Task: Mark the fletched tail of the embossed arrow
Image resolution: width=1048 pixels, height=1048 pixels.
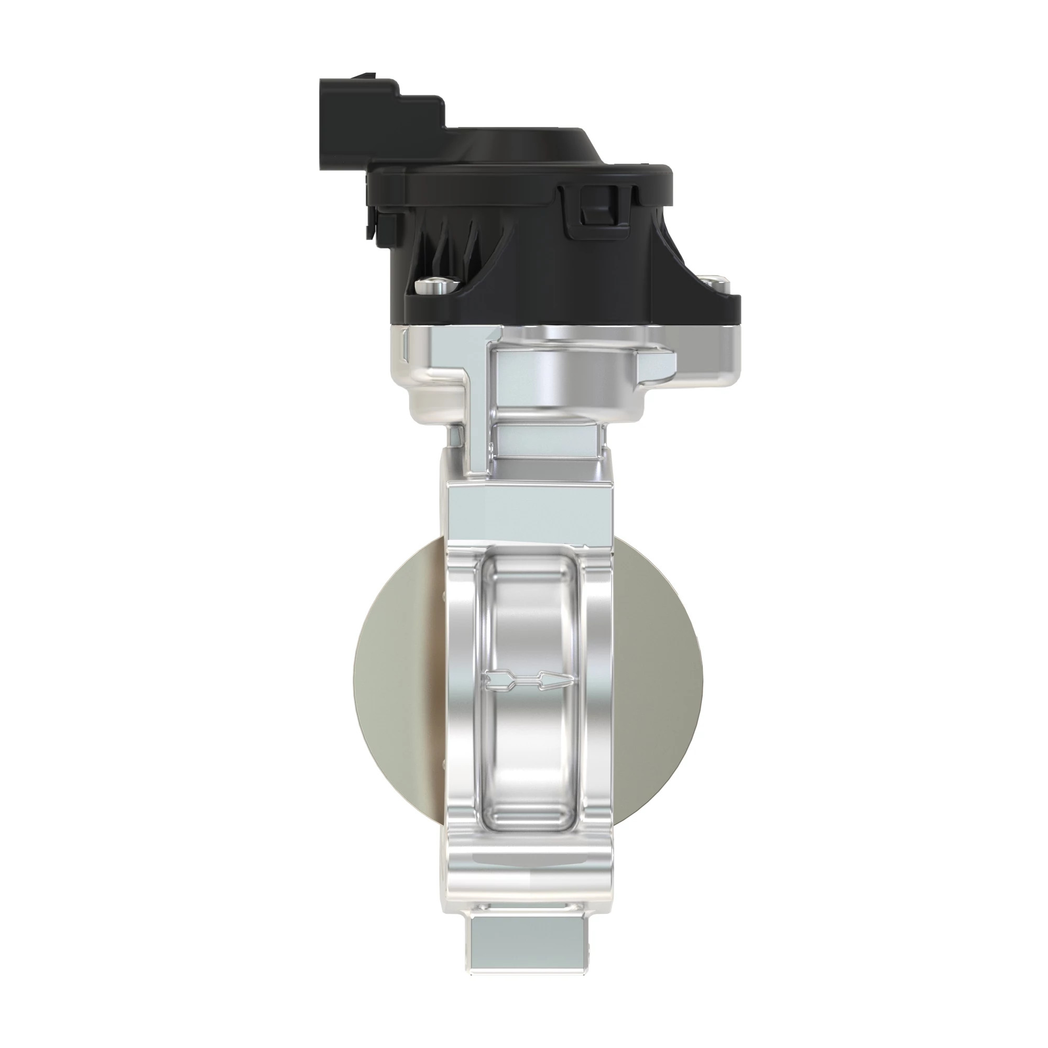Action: [496, 681]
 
